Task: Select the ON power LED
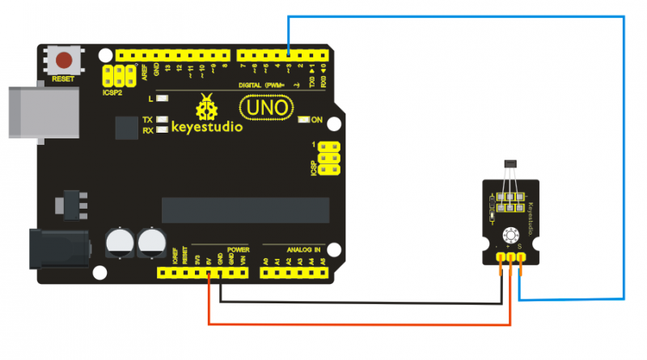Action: tap(304, 121)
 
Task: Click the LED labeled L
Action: tap(163, 99)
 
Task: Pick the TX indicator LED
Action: tap(163, 120)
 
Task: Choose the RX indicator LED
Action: tap(163, 129)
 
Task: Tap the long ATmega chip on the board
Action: tap(246, 210)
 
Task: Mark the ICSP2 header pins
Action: tap(118, 76)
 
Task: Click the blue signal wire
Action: tap(624, 162)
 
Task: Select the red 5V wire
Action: tap(356, 324)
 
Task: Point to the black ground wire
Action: tap(356, 304)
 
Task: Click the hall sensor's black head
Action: tap(510, 166)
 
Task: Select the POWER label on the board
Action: tap(239, 249)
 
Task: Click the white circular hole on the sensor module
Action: tap(511, 235)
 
